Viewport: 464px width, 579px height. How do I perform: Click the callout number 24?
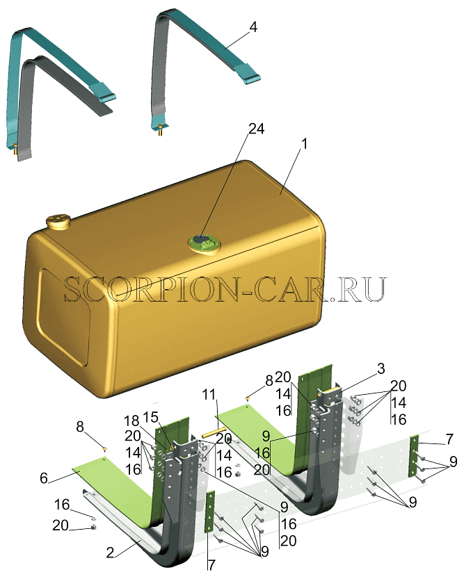(256, 129)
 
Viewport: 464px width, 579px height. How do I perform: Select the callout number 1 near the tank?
(304, 144)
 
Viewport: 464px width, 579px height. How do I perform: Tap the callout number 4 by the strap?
(253, 26)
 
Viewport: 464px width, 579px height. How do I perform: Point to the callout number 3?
(381, 368)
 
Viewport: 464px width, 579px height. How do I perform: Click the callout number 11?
(209, 394)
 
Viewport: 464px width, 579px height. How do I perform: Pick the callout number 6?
(44, 478)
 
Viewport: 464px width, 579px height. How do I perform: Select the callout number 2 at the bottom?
(110, 553)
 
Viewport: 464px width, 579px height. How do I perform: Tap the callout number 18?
(131, 421)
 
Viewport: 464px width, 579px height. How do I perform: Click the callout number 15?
(150, 417)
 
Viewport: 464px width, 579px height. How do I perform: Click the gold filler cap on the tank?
(58, 220)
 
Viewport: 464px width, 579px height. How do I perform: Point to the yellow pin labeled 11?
(214, 432)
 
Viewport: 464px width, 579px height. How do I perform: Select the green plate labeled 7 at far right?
(413, 457)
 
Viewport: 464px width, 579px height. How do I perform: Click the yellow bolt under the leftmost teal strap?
(15, 149)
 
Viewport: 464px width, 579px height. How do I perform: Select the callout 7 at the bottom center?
(211, 565)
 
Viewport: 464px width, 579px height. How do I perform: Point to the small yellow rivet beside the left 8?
(105, 448)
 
